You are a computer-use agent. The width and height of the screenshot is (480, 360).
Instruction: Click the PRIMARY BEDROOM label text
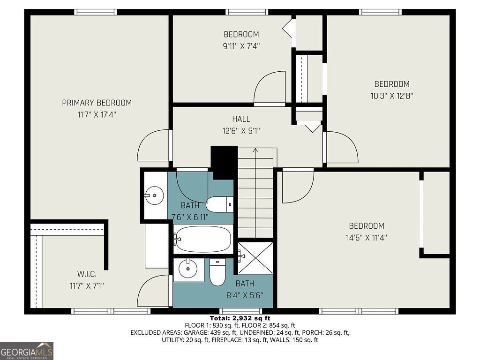[x=97, y=103]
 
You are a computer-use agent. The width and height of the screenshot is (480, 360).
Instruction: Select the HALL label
[x=241, y=119]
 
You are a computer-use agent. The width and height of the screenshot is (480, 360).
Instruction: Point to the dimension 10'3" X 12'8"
[x=391, y=96]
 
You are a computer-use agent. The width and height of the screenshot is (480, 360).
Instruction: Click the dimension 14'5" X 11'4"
[x=366, y=238]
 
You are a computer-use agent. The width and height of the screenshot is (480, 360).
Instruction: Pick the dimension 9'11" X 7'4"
[x=241, y=46]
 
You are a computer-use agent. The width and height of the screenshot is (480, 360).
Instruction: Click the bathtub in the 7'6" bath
[x=203, y=239]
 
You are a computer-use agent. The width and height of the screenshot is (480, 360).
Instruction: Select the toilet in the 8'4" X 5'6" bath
[x=217, y=273]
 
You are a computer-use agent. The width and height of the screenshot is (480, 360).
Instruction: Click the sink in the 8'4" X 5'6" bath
[x=188, y=269]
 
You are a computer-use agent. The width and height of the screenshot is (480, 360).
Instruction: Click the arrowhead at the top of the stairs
[x=255, y=150]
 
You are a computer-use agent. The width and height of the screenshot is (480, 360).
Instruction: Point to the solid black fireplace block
[x=224, y=162]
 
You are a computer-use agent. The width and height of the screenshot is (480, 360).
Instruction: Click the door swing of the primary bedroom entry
[x=153, y=146]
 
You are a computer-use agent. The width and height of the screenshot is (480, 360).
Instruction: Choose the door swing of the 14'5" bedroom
[x=297, y=186]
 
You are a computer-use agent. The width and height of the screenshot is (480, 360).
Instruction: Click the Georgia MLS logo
[x=27, y=351]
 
